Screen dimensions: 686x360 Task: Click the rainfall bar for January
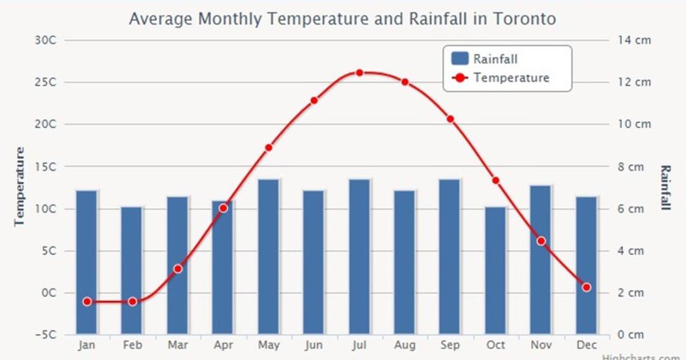pyautogui.click(x=86, y=262)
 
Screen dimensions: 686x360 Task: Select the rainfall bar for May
pyautogui.click(x=269, y=257)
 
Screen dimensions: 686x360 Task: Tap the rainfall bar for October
pyautogui.click(x=495, y=270)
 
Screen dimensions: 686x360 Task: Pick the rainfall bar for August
pyautogui.click(x=405, y=262)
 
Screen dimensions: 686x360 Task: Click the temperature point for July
pyautogui.click(x=360, y=72)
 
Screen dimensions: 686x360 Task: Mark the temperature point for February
pyautogui.click(x=133, y=302)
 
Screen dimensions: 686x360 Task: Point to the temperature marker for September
pyautogui.click(x=450, y=119)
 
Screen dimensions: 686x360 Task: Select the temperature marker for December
pyautogui.click(x=587, y=288)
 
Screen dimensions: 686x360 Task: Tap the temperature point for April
pyautogui.click(x=224, y=208)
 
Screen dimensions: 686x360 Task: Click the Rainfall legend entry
pyautogui.click(x=484, y=59)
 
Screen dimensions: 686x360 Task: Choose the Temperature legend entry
pyautogui.click(x=501, y=78)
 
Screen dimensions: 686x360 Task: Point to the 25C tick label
pyautogui.click(x=46, y=83)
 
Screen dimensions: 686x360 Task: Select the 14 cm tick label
pyautogui.click(x=635, y=40)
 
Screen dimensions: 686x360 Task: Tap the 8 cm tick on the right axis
pyautogui.click(x=631, y=166)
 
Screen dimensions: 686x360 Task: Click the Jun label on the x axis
pyautogui.click(x=314, y=345)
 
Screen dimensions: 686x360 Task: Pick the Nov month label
pyautogui.click(x=541, y=345)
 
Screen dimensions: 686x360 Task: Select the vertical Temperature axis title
pyautogui.click(x=19, y=187)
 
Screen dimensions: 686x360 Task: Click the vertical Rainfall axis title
pyautogui.click(x=665, y=188)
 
